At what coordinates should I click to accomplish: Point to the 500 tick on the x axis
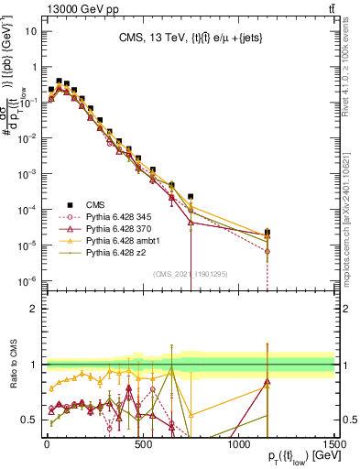142,444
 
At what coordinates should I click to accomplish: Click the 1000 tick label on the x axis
238,444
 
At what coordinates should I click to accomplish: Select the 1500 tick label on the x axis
333,444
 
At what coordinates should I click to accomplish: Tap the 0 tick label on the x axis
47,444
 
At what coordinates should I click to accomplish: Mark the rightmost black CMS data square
267,233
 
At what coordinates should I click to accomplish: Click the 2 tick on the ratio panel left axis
33,309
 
